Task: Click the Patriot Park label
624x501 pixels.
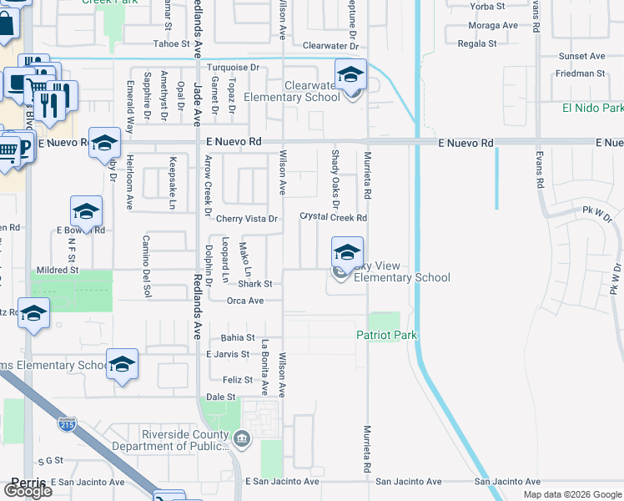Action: point(386,336)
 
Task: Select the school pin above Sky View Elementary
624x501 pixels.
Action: point(347,251)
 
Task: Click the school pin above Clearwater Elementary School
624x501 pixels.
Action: point(351,74)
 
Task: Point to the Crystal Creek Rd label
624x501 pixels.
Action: point(334,218)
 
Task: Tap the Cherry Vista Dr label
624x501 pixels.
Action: point(246,219)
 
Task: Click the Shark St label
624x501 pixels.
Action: point(255,284)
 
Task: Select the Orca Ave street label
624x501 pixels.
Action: point(245,301)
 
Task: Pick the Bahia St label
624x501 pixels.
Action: point(238,338)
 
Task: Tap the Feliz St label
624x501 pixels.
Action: point(236,380)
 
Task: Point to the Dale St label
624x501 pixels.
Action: point(221,397)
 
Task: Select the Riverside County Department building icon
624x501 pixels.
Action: point(241,438)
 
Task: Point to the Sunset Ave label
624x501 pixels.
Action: point(581,56)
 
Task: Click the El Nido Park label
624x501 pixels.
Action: point(592,109)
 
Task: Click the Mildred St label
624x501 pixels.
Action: point(57,271)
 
